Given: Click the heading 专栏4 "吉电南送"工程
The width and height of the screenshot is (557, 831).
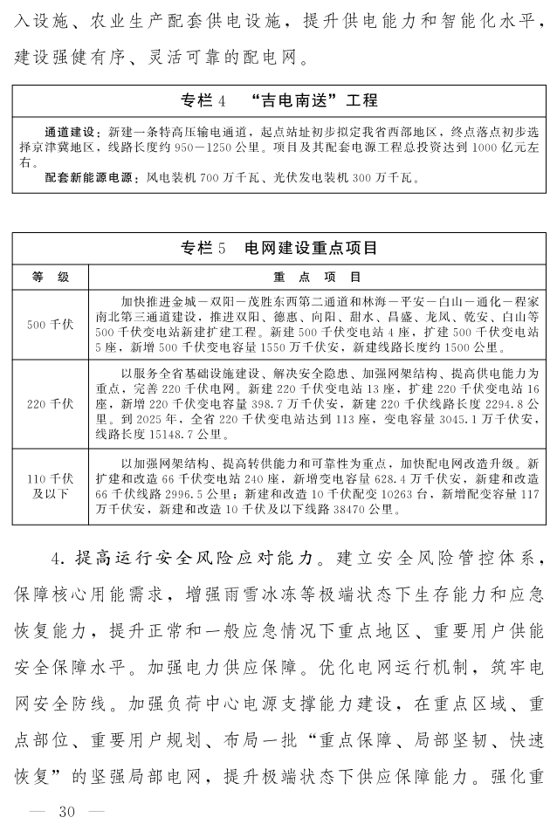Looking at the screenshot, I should click(278, 100).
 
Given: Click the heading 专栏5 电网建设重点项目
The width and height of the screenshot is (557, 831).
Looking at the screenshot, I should click(278, 248).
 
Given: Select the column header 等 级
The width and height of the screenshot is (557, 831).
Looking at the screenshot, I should click(50, 278).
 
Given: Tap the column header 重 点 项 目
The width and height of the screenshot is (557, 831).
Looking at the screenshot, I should click(317, 278).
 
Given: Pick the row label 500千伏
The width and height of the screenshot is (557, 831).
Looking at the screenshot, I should click(50, 325).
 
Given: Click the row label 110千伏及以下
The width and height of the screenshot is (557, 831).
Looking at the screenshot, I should click(50, 485).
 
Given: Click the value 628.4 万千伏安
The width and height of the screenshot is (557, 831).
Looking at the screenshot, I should click(374, 478).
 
